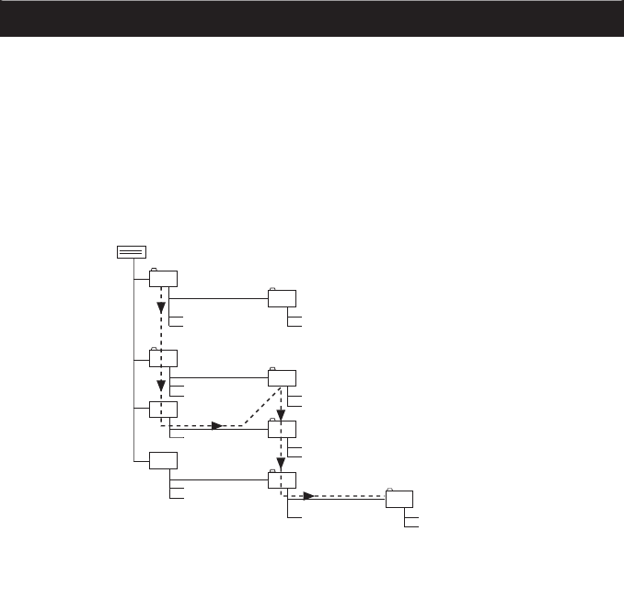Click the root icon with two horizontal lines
(x=132, y=252)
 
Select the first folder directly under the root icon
(x=164, y=280)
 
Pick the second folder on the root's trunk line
(x=164, y=358)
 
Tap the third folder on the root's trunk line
(x=164, y=410)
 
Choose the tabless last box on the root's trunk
(x=164, y=460)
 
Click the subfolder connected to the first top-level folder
(x=283, y=298)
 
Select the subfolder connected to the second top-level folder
(x=283, y=376)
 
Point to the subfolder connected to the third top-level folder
(x=283, y=428)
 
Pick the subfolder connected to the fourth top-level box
(x=283, y=479)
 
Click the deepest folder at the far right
(x=399, y=498)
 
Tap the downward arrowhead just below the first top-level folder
(x=161, y=306)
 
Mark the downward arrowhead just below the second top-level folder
(x=161, y=385)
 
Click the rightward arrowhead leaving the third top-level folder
(x=217, y=425)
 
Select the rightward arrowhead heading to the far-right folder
(x=310, y=496)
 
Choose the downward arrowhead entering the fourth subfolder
(x=281, y=465)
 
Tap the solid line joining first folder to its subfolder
(x=221, y=298)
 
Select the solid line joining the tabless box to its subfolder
(x=221, y=479)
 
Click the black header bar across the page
(x=312, y=18)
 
